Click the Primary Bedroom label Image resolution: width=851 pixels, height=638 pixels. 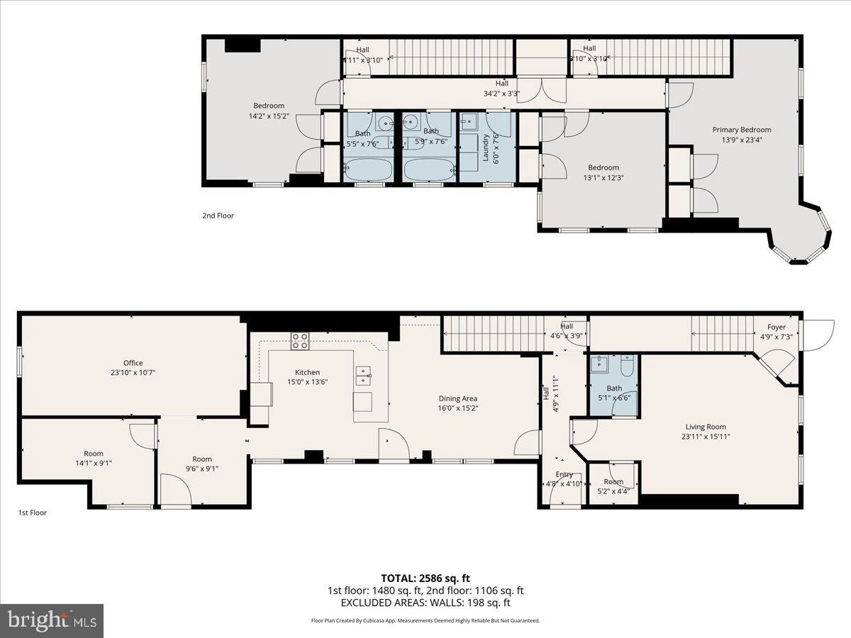742,130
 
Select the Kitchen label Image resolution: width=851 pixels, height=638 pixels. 307,372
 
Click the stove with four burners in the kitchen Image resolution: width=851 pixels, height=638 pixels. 300,341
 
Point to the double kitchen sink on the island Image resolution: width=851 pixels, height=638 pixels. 362,375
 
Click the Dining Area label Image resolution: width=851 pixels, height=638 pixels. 457,398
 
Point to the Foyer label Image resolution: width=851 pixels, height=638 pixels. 776,327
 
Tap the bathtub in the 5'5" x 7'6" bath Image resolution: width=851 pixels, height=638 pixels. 368,170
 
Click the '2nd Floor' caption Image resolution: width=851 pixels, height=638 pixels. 218,216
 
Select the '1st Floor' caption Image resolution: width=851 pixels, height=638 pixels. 32,513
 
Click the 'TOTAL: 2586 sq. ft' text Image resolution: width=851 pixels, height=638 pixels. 425,578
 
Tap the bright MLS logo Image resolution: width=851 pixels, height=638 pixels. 52,621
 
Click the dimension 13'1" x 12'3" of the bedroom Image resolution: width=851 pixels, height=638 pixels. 603,178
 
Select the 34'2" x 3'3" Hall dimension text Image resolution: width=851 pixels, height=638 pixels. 501,93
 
